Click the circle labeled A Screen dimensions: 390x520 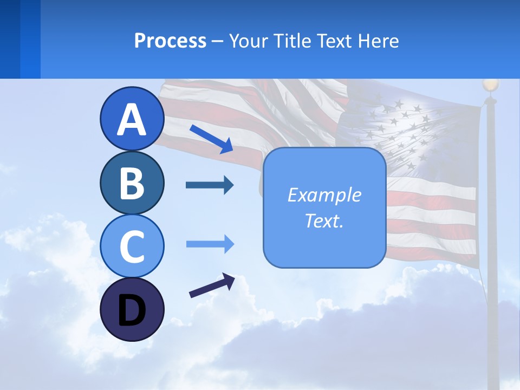pos(132,119)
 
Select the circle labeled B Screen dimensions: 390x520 pos(132,183)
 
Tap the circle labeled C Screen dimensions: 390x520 pos(132,246)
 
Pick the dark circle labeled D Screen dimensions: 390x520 pos(132,309)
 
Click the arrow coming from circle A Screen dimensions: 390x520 pos(211,139)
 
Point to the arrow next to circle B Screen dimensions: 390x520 pos(210,185)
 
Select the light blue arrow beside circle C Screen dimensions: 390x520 pos(210,244)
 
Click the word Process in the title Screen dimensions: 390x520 pos(170,41)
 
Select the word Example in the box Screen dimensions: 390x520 pos(324,195)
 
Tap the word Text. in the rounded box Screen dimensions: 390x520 pos(324,220)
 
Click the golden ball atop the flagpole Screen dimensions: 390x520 pos(490,85)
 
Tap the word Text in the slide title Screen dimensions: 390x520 pos(333,41)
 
